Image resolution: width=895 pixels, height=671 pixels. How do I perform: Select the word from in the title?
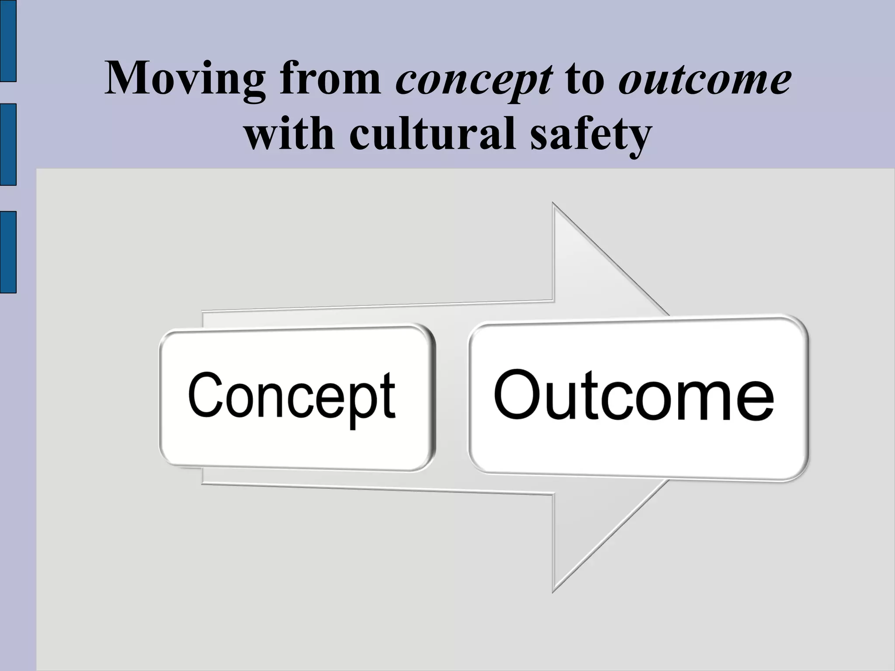point(330,79)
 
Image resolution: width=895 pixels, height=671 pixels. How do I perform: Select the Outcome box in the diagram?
point(638,398)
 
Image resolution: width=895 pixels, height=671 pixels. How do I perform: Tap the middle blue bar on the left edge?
point(8,144)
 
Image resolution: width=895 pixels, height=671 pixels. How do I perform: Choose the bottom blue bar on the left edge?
point(8,252)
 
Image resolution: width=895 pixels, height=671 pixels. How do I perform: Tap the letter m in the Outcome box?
point(703,400)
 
